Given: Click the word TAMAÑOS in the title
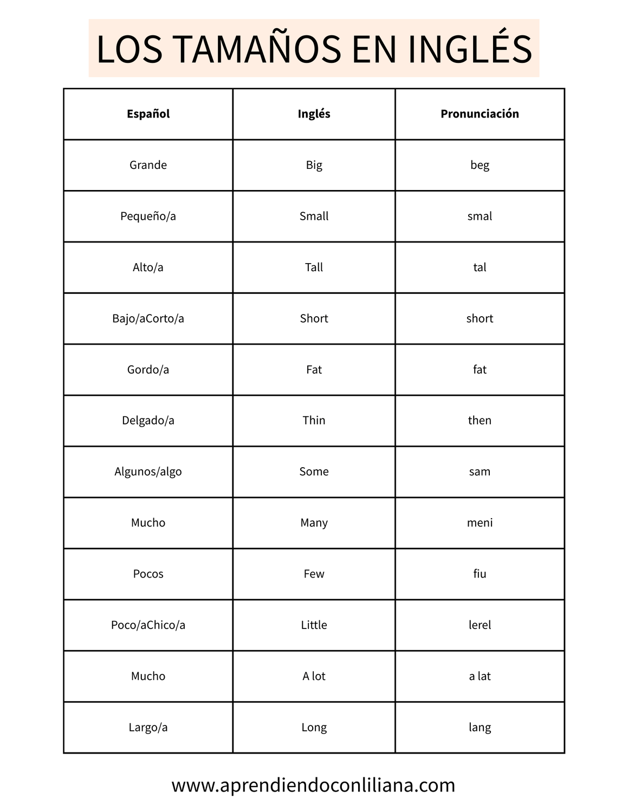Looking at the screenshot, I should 257,49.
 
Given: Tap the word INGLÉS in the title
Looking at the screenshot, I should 470,49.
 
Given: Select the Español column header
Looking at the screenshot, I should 148,114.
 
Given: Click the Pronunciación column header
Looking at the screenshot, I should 480,114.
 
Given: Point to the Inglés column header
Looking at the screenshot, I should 314,114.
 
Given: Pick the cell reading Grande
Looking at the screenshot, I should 148,165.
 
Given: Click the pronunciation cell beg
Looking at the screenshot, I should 480,165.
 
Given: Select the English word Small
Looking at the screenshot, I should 314,216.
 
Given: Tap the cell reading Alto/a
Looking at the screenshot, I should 148,267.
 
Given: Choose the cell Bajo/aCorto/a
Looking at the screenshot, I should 148,318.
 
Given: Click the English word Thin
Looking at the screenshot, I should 314,421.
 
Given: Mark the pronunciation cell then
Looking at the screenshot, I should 480,421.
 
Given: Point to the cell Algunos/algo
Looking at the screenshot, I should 148,472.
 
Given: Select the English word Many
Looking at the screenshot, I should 314,523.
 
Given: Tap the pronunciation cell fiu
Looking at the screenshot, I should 480,574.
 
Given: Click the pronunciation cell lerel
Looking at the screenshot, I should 480,625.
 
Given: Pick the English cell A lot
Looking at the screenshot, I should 314,676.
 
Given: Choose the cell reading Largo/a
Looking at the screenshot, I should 148,728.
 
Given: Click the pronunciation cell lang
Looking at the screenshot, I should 480,728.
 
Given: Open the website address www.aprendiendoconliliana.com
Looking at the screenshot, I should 313,785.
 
